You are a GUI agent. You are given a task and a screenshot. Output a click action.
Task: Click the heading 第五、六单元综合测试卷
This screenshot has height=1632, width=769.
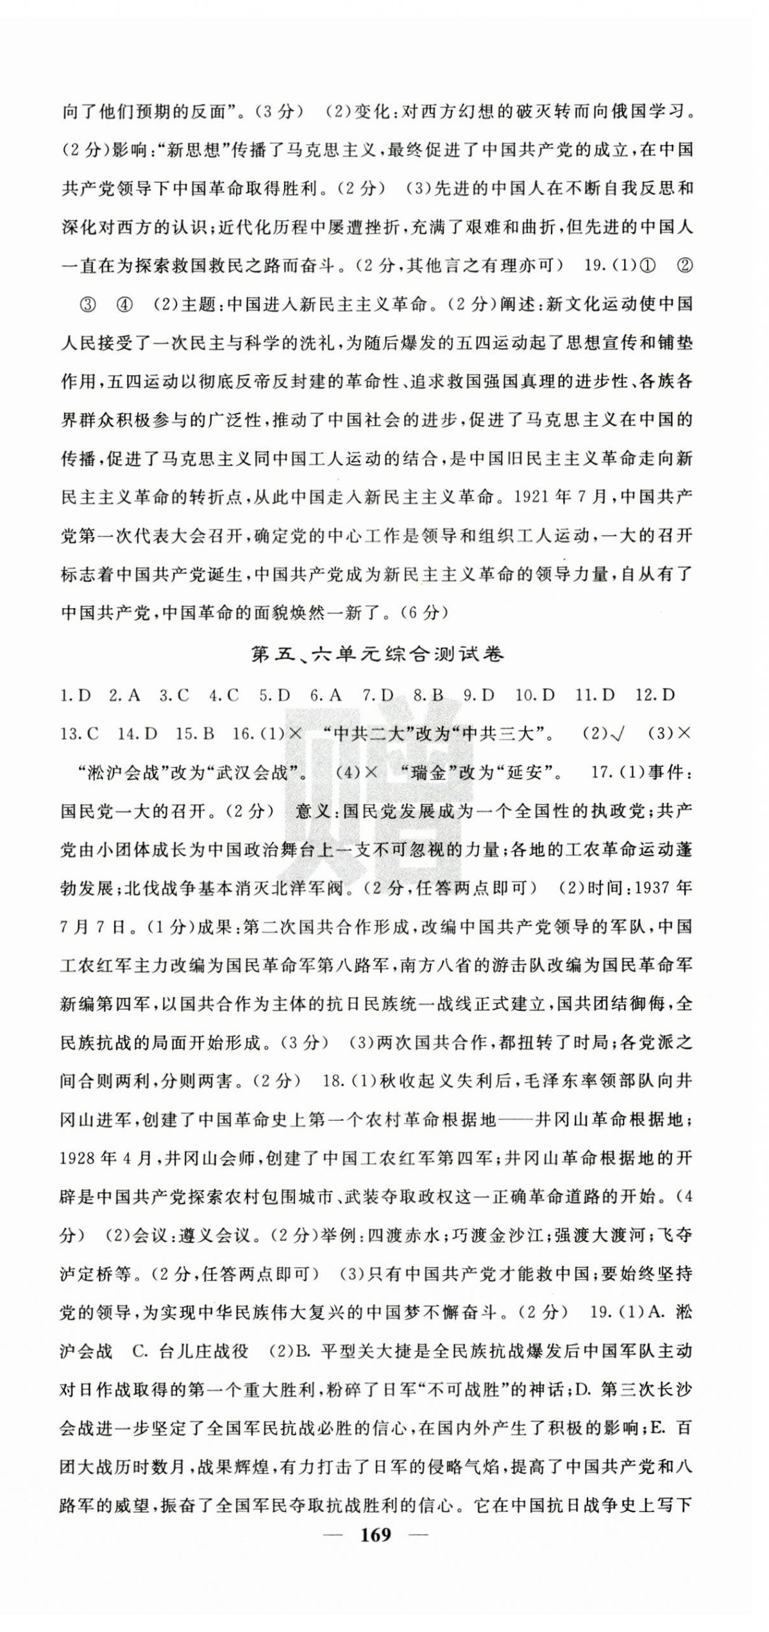tap(378, 655)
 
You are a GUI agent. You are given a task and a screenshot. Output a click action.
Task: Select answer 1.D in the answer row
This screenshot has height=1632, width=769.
tap(76, 696)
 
